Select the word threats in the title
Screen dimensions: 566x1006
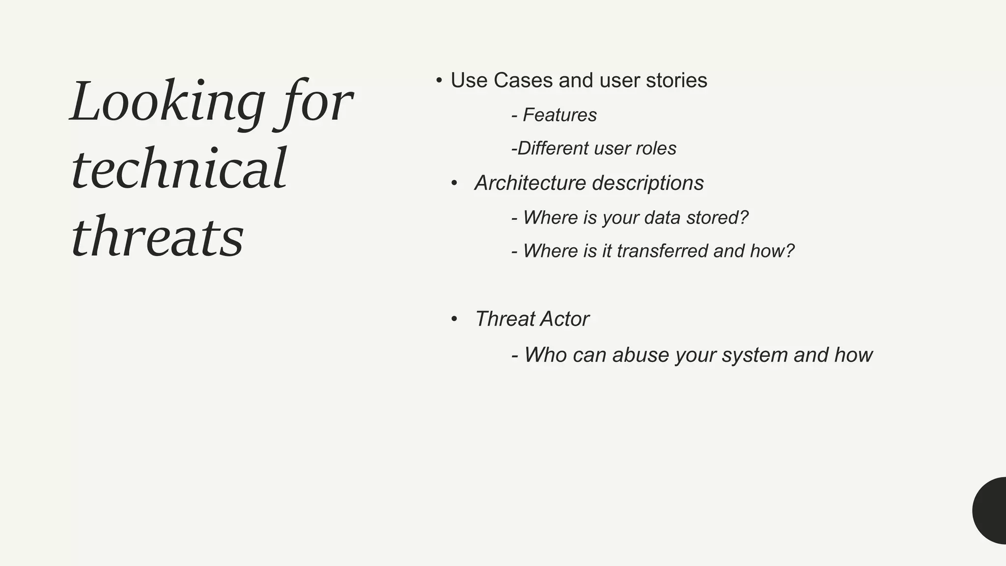coord(157,237)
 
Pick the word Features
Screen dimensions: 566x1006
coord(559,115)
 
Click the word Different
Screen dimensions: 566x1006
coord(553,148)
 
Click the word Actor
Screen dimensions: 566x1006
coord(565,319)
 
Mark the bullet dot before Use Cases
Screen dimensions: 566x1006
coord(439,81)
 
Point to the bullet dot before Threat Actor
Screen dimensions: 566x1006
coord(454,319)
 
